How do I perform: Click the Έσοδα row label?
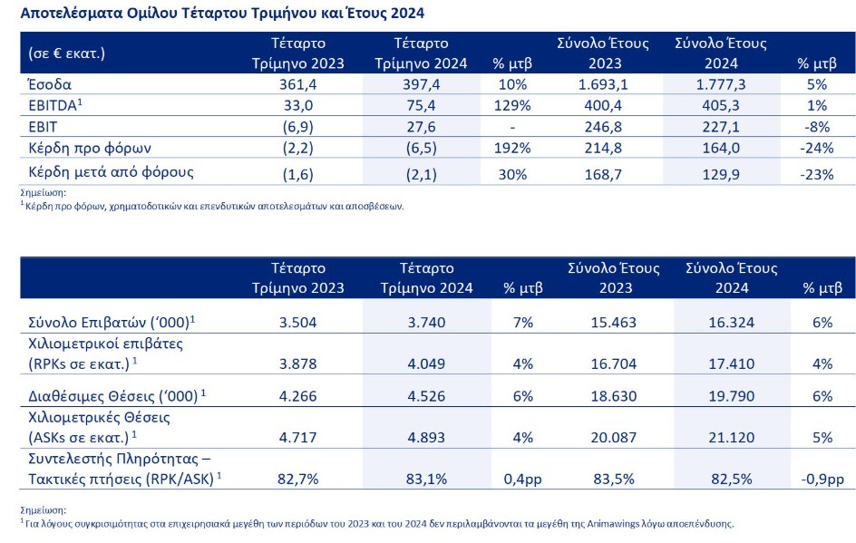click(x=50, y=84)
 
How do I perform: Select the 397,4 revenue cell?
click(x=421, y=84)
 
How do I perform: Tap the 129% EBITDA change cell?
click(x=512, y=105)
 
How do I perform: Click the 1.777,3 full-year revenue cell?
click(x=721, y=84)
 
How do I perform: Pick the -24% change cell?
click(x=817, y=148)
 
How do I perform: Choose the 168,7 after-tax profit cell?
click(x=603, y=175)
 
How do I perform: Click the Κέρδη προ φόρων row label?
click(x=90, y=149)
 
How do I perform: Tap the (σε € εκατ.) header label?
click(x=66, y=53)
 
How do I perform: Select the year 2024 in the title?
click(x=407, y=13)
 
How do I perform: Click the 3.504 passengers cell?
click(x=297, y=323)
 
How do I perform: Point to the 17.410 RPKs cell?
click(x=732, y=364)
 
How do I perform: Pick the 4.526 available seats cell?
click(x=426, y=396)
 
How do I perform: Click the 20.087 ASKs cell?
click(x=614, y=438)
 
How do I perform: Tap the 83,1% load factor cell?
click(x=426, y=480)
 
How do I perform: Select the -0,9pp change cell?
click(x=822, y=480)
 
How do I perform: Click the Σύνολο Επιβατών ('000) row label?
click(x=112, y=323)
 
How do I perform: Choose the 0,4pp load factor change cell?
click(x=522, y=480)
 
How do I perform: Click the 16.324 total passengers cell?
click(x=732, y=323)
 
